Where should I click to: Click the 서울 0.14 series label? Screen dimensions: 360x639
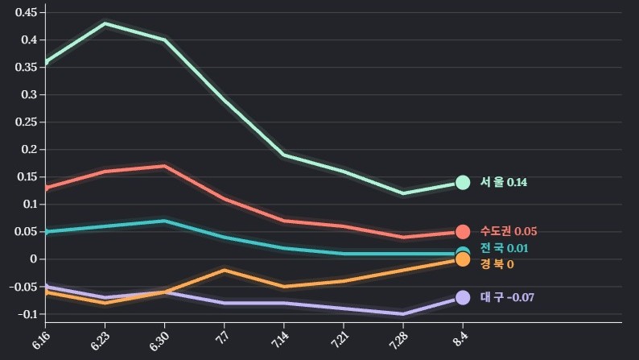tap(504, 183)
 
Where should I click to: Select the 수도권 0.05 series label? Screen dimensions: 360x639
tap(509, 232)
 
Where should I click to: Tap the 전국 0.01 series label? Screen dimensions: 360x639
tap(505, 249)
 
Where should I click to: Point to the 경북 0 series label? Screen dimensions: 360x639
tap(497, 264)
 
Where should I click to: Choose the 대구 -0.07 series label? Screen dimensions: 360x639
tap(507, 298)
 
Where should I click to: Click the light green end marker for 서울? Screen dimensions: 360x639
tap(463, 183)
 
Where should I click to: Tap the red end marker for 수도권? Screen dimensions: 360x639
tap(463, 232)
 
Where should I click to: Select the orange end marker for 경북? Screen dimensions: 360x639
tap(463, 259)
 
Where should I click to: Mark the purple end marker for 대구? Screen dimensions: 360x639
tap(463, 297)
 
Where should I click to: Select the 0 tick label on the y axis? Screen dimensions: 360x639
tap(34, 259)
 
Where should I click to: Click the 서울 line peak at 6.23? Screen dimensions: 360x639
tap(105, 23)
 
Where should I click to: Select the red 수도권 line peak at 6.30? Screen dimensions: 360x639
tap(164, 166)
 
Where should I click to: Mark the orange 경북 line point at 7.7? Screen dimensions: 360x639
tap(224, 270)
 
